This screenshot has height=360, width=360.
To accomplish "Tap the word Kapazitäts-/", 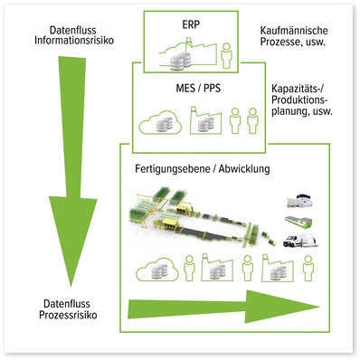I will click(303, 90).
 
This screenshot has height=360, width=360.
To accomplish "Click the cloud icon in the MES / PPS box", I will click(153, 119).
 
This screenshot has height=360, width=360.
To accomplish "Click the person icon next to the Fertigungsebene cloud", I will click(189, 267).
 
